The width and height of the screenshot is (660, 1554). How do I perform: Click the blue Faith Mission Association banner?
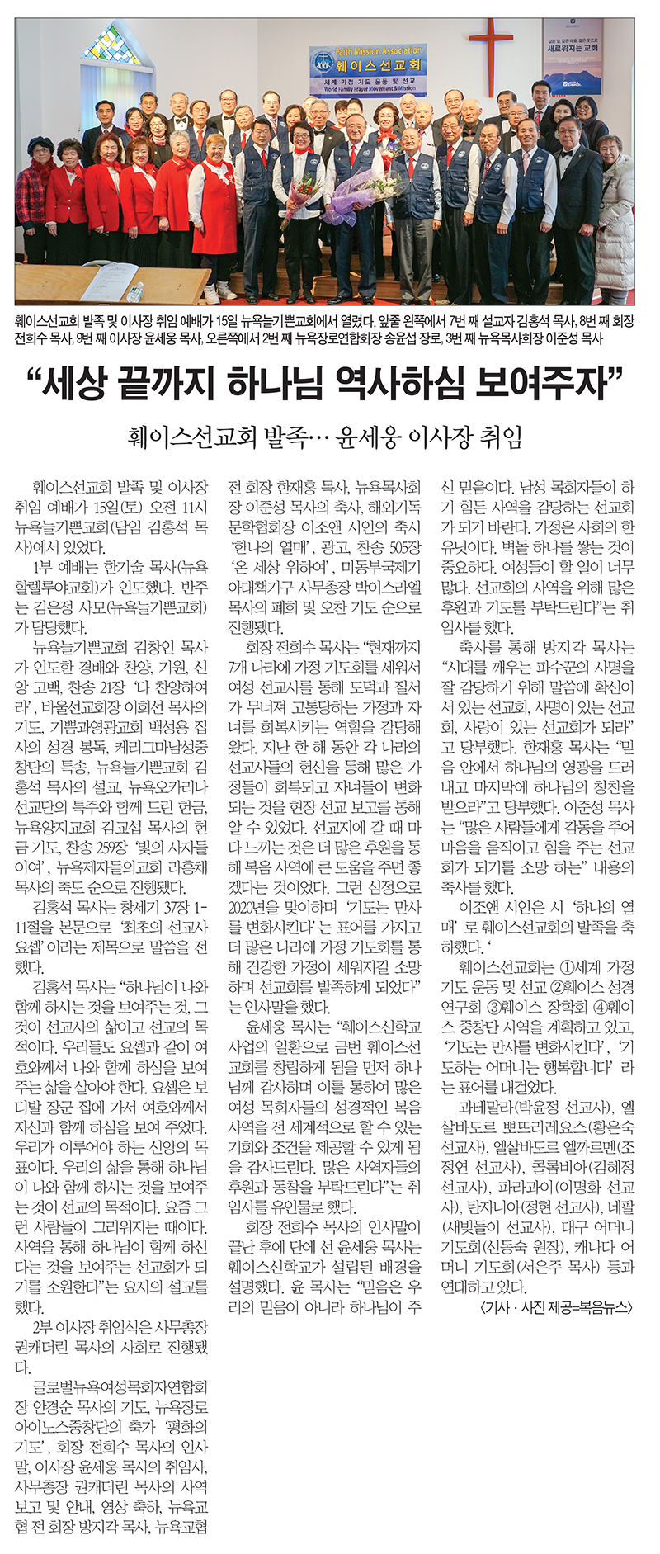[x=369, y=70]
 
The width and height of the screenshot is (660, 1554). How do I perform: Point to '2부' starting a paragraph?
[x=44, y=1329]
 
